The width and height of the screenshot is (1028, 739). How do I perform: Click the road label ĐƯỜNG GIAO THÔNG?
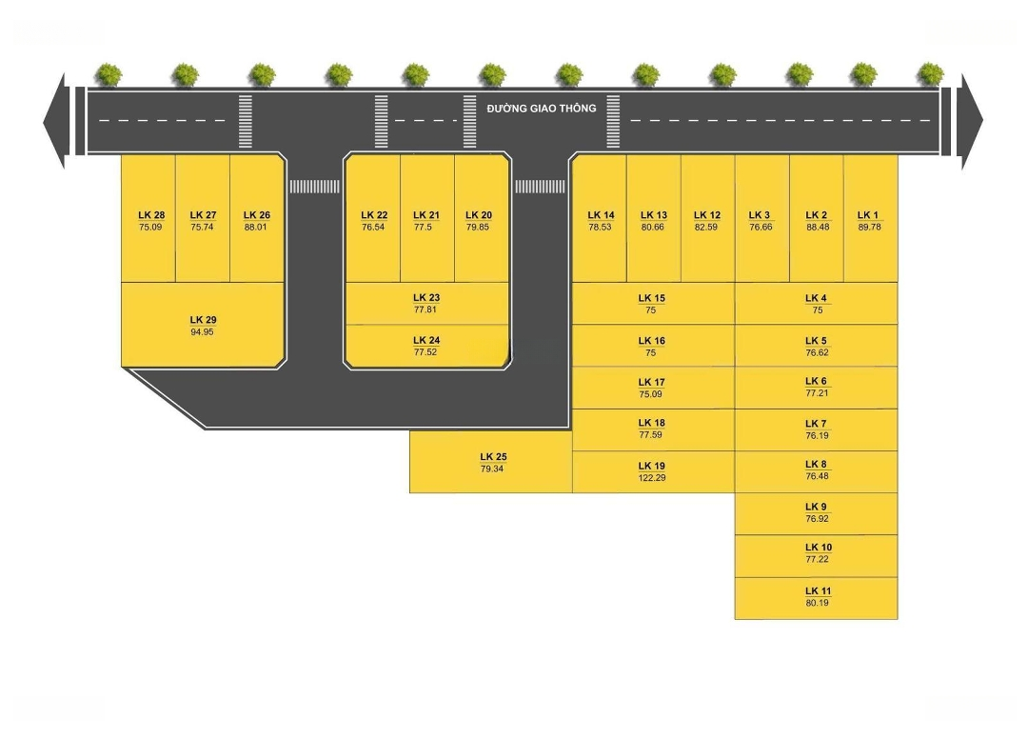pos(541,109)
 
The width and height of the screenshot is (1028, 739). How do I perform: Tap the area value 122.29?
pos(652,477)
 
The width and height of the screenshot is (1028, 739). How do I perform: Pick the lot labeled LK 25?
pos(491,463)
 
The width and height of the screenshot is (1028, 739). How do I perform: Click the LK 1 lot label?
pos(869,215)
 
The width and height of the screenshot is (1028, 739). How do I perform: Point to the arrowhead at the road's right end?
pos(972,121)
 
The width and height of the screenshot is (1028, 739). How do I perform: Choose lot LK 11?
pos(817,597)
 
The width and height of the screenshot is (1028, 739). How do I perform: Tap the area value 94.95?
pos(202,332)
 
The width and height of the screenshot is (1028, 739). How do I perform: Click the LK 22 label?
pos(374,215)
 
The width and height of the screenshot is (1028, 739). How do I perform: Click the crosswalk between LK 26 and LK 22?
pos(314,187)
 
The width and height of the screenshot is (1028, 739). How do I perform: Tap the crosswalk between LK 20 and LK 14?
pos(540,187)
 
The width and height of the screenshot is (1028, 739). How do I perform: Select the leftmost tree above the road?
pos(109,74)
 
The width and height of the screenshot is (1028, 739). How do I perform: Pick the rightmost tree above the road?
pos(930,74)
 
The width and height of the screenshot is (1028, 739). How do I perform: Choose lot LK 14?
pos(600,221)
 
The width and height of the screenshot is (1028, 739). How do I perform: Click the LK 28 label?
pos(150,215)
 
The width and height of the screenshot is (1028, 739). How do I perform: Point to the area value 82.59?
pos(707,228)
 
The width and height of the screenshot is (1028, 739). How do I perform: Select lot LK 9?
pos(817,513)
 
